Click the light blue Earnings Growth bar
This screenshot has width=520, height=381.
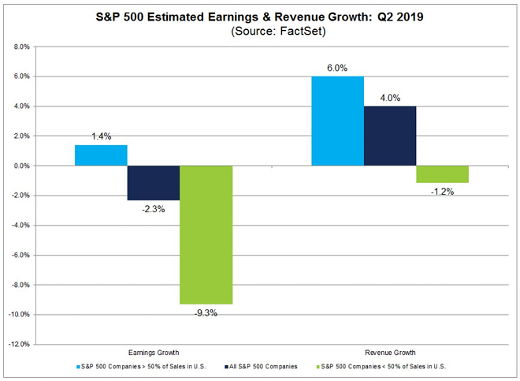coord(101,155)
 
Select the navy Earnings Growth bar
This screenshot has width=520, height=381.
coord(154,182)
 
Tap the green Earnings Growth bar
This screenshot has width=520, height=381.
coord(206,234)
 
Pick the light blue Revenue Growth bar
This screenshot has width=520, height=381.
coord(338,121)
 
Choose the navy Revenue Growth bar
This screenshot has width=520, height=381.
coord(390,136)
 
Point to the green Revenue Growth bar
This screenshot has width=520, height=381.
coord(443,174)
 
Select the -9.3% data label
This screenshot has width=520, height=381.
coord(206,313)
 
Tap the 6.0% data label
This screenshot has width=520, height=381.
coord(338,68)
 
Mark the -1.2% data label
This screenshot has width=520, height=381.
coord(443,192)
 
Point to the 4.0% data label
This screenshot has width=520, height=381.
coord(390,98)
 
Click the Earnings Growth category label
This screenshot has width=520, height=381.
coord(154,353)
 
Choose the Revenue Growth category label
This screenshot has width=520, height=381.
coord(390,353)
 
